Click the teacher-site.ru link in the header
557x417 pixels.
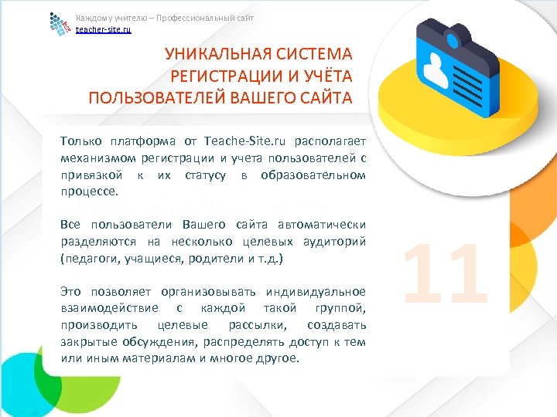click(x=104, y=29)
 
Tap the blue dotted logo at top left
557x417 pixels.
click(x=60, y=23)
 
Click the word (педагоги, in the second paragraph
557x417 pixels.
click(x=86, y=259)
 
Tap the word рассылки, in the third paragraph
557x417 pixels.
click(x=258, y=324)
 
